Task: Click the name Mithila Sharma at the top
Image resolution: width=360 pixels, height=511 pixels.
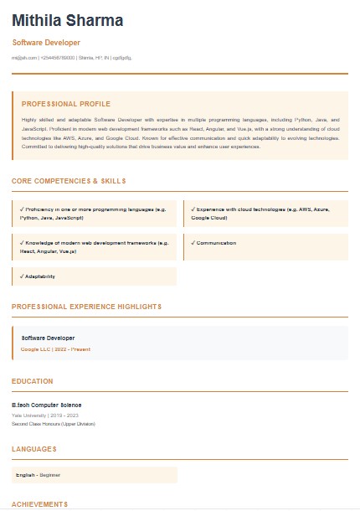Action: (x=67, y=20)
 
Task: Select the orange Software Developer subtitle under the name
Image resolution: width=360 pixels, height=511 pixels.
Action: (x=47, y=42)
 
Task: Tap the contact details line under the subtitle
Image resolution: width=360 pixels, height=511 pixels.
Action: (x=71, y=57)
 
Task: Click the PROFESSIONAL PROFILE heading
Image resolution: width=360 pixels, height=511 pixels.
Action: (x=66, y=104)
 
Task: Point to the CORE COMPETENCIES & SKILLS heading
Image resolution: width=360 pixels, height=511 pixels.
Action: (x=69, y=181)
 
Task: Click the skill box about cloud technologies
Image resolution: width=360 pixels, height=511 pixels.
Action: (x=265, y=213)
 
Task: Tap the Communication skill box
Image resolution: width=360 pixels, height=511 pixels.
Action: (x=265, y=244)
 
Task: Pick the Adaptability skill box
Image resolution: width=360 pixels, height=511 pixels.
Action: (x=95, y=276)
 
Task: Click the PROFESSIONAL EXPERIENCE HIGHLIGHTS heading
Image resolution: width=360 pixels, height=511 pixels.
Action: (x=86, y=307)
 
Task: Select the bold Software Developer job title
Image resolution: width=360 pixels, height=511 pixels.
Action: (x=48, y=338)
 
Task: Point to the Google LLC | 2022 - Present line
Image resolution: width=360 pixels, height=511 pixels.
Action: (x=55, y=348)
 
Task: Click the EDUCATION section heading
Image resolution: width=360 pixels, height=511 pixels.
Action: (x=33, y=381)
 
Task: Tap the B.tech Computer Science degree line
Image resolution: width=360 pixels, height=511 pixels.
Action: (x=46, y=405)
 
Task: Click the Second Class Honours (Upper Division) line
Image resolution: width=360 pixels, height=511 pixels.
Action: (x=54, y=424)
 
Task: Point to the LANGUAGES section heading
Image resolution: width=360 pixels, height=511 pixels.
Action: (x=34, y=449)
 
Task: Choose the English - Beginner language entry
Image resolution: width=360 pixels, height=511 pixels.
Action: (x=39, y=475)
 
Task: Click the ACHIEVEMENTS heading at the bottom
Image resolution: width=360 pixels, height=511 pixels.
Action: (x=39, y=504)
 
